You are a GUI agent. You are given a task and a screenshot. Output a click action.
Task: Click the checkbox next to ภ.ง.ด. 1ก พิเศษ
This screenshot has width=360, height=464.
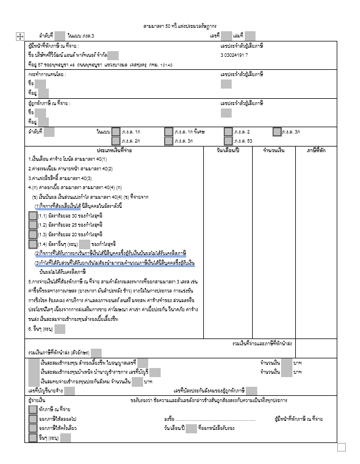(x=169, y=132)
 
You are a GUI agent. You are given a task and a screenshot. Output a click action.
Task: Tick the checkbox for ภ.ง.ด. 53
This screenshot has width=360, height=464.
(x=228, y=140)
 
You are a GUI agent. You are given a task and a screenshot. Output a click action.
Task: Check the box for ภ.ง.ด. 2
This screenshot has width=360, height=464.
(x=228, y=132)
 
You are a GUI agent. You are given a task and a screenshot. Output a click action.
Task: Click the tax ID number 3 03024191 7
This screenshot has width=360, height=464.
(x=234, y=55)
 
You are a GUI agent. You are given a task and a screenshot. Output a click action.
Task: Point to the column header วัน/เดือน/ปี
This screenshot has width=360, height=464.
(x=228, y=151)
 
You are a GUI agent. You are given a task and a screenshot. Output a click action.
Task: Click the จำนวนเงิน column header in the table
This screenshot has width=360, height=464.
(x=274, y=151)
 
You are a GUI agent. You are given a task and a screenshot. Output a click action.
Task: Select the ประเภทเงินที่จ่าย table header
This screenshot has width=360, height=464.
(x=114, y=151)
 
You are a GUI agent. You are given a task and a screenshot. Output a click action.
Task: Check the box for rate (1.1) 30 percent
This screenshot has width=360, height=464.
(x=32, y=216)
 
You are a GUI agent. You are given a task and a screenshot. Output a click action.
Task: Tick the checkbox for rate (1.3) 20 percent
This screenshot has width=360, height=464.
(x=32, y=234)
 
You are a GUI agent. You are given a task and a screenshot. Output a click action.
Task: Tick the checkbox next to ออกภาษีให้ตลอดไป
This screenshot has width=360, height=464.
(x=32, y=419)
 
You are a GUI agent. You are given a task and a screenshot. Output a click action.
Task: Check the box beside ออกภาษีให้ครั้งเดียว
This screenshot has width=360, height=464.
(x=32, y=428)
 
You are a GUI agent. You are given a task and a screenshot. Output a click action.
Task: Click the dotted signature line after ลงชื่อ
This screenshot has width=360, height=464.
(x=216, y=419)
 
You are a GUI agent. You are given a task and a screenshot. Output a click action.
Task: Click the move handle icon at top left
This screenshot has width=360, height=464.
(x=19, y=36)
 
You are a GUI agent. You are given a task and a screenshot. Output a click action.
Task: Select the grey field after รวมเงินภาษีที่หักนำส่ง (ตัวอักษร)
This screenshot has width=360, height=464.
(x=96, y=353)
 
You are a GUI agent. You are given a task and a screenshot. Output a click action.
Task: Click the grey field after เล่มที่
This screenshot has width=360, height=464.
(x=250, y=36)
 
